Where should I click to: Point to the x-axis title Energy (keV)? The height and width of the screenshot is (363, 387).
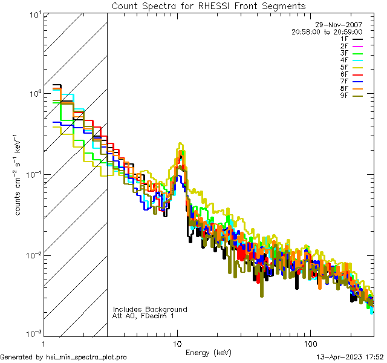point(208,352)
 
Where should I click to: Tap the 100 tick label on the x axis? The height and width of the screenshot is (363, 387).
point(310,343)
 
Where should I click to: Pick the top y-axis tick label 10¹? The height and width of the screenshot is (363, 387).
point(33,14)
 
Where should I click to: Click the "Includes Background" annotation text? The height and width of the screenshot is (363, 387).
point(150,309)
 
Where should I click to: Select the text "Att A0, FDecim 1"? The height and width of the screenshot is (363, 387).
point(143,316)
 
